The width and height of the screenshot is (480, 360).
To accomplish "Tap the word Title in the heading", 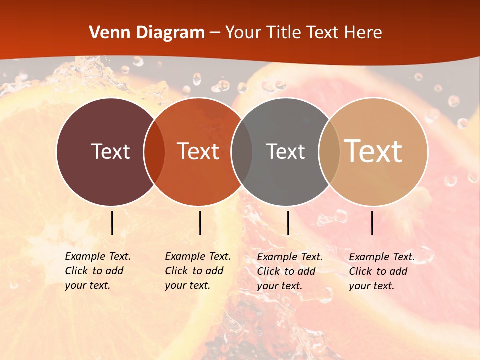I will point(283,33).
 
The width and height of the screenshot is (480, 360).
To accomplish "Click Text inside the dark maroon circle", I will point(110,151).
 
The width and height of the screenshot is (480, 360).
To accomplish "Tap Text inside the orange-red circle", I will point(198,151).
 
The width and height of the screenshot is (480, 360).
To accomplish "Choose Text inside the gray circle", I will point(285,151).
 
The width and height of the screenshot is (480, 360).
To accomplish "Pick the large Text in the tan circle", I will point(373,151).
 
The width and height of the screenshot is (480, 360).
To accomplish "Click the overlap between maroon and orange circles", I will point(154,152).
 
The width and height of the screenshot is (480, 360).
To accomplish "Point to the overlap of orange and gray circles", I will point(242,152).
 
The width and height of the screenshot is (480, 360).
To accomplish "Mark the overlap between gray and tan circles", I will point(329,152).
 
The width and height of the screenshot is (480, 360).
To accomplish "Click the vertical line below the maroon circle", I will point(112,223).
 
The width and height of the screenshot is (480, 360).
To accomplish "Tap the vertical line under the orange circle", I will point(200,223).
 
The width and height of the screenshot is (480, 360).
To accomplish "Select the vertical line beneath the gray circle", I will point(288,223).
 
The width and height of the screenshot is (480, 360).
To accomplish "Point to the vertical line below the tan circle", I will point(372,223).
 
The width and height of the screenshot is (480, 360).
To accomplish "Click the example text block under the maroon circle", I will point(98,271).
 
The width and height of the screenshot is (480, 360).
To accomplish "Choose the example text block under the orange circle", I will point(198,271).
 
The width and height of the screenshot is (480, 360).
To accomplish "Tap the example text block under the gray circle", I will point(290,271).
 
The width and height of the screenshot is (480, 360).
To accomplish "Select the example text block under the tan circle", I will point(382,271).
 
